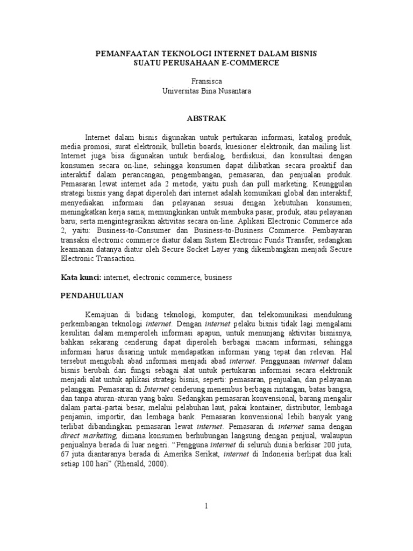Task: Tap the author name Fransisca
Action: pos(206,81)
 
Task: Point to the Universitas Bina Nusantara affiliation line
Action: pos(206,91)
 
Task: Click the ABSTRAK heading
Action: pos(206,118)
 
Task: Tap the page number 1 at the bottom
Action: pos(206,506)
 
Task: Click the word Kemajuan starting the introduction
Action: pos(103,314)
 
